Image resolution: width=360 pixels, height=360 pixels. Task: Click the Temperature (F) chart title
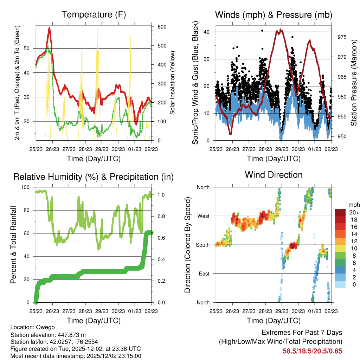click(x=94, y=15)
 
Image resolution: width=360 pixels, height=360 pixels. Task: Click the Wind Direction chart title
click(x=274, y=175)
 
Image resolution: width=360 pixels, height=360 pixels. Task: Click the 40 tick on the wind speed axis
click(x=210, y=32)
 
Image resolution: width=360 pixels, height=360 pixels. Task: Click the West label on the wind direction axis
click(x=203, y=216)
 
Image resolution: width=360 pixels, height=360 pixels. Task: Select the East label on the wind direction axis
click(x=204, y=274)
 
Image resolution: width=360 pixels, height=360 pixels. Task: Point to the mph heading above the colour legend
click(x=353, y=205)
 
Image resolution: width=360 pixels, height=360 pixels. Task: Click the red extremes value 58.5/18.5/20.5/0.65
click(x=312, y=351)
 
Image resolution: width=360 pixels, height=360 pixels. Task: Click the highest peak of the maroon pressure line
click(x=280, y=30)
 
